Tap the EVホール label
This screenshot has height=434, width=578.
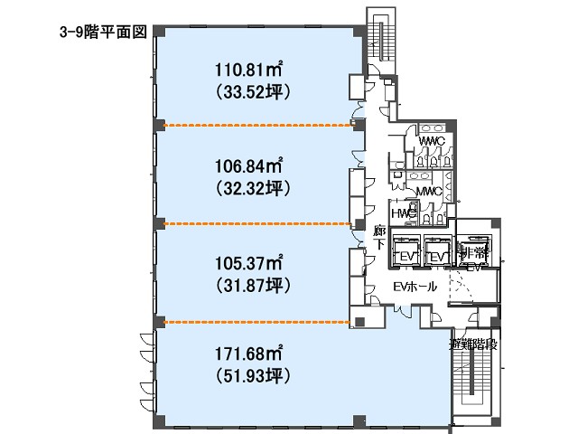pyautogui.click(x=415, y=287)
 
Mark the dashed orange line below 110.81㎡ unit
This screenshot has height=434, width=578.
pyautogui.click(x=256, y=126)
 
